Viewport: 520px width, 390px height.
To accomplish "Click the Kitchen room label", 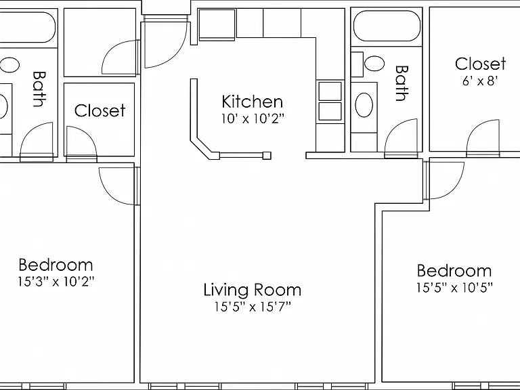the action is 252,102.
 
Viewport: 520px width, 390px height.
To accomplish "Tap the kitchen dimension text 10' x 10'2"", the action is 253,118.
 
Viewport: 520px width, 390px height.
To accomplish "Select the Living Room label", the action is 253,290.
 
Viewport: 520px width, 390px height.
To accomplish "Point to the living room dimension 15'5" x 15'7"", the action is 253,307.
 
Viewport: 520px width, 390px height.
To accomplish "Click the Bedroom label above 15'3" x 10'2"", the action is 56,265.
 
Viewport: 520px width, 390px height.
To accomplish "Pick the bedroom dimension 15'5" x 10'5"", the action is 454,288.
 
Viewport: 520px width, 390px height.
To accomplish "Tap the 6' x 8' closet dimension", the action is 480,81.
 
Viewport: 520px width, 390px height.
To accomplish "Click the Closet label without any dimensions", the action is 100,110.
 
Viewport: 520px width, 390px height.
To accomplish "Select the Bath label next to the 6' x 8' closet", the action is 402,83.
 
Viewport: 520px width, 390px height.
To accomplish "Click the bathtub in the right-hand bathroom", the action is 387,26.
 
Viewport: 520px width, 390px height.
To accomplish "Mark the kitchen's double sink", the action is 330,101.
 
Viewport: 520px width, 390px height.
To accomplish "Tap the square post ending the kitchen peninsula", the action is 267,155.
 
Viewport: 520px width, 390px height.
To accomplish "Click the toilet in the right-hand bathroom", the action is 369,64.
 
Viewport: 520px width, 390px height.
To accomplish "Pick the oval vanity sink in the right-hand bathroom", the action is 364,105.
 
